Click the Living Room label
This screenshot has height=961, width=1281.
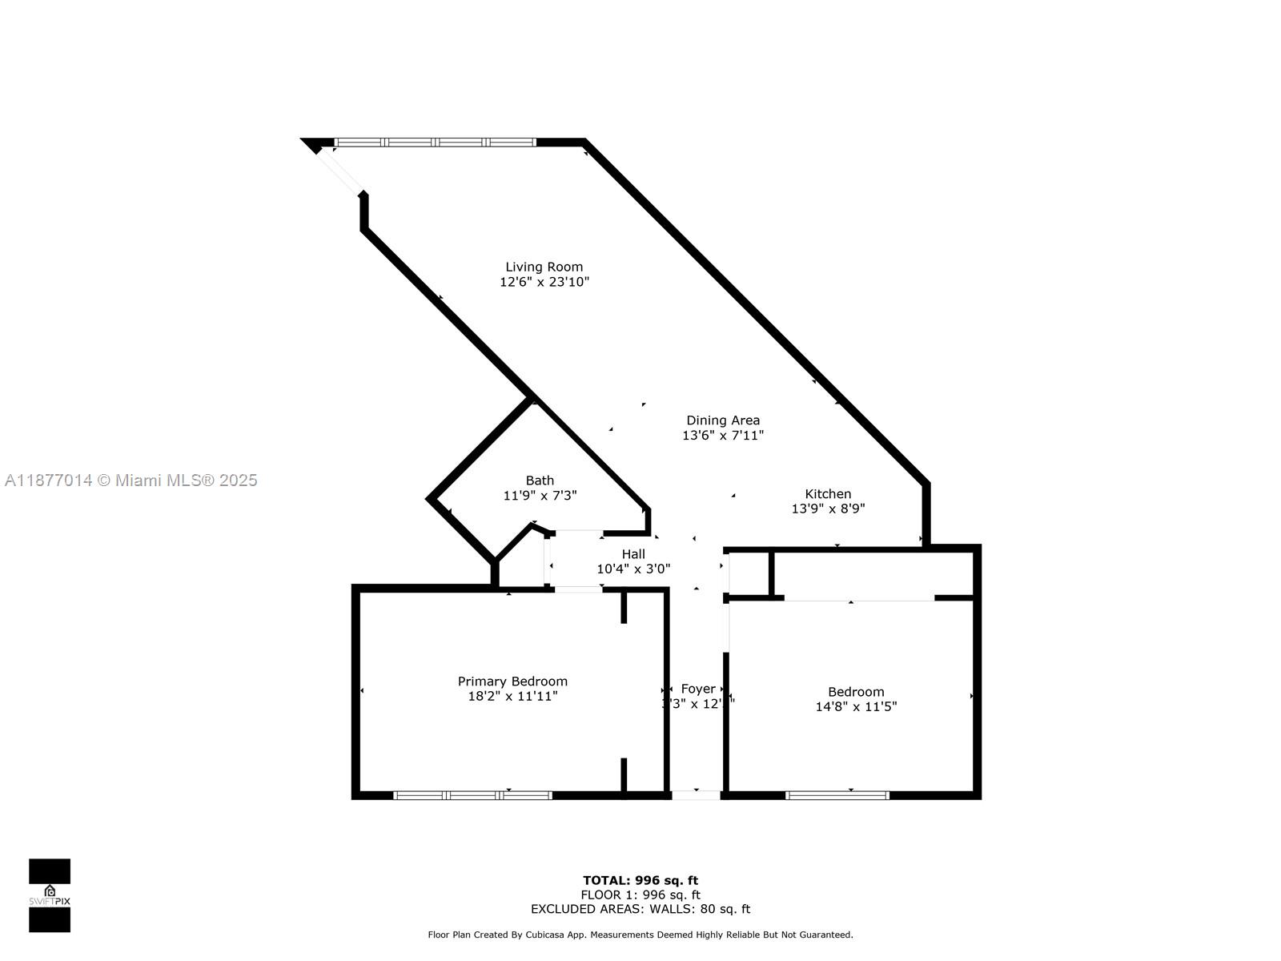click(544, 267)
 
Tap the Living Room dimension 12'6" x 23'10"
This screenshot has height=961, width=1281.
click(544, 282)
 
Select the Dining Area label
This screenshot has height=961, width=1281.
click(723, 420)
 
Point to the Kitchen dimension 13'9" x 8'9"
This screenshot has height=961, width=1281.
click(828, 509)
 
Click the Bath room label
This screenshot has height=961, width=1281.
click(540, 480)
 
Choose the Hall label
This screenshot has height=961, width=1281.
click(633, 554)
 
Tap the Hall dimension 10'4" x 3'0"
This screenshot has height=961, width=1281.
click(633, 569)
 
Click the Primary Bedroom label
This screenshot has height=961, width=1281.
click(512, 682)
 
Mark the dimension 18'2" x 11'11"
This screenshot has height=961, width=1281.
click(512, 697)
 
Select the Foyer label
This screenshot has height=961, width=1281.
click(698, 689)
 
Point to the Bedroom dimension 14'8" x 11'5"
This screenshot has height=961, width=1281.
click(856, 707)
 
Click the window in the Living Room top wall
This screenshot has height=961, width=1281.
click(436, 143)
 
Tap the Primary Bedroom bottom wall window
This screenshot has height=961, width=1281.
click(472, 795)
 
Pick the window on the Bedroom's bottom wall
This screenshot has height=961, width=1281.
click(837, 795)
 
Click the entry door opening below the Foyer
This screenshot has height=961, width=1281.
click(696, 795)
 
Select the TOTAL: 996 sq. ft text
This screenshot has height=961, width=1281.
click(640, 881)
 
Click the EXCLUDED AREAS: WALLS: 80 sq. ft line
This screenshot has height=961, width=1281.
click(640, 909)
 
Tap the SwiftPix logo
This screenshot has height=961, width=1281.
click(50, 895)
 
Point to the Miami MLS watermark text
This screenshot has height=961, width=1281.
click(131, 480)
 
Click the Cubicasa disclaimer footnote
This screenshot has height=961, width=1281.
click(640, 935)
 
